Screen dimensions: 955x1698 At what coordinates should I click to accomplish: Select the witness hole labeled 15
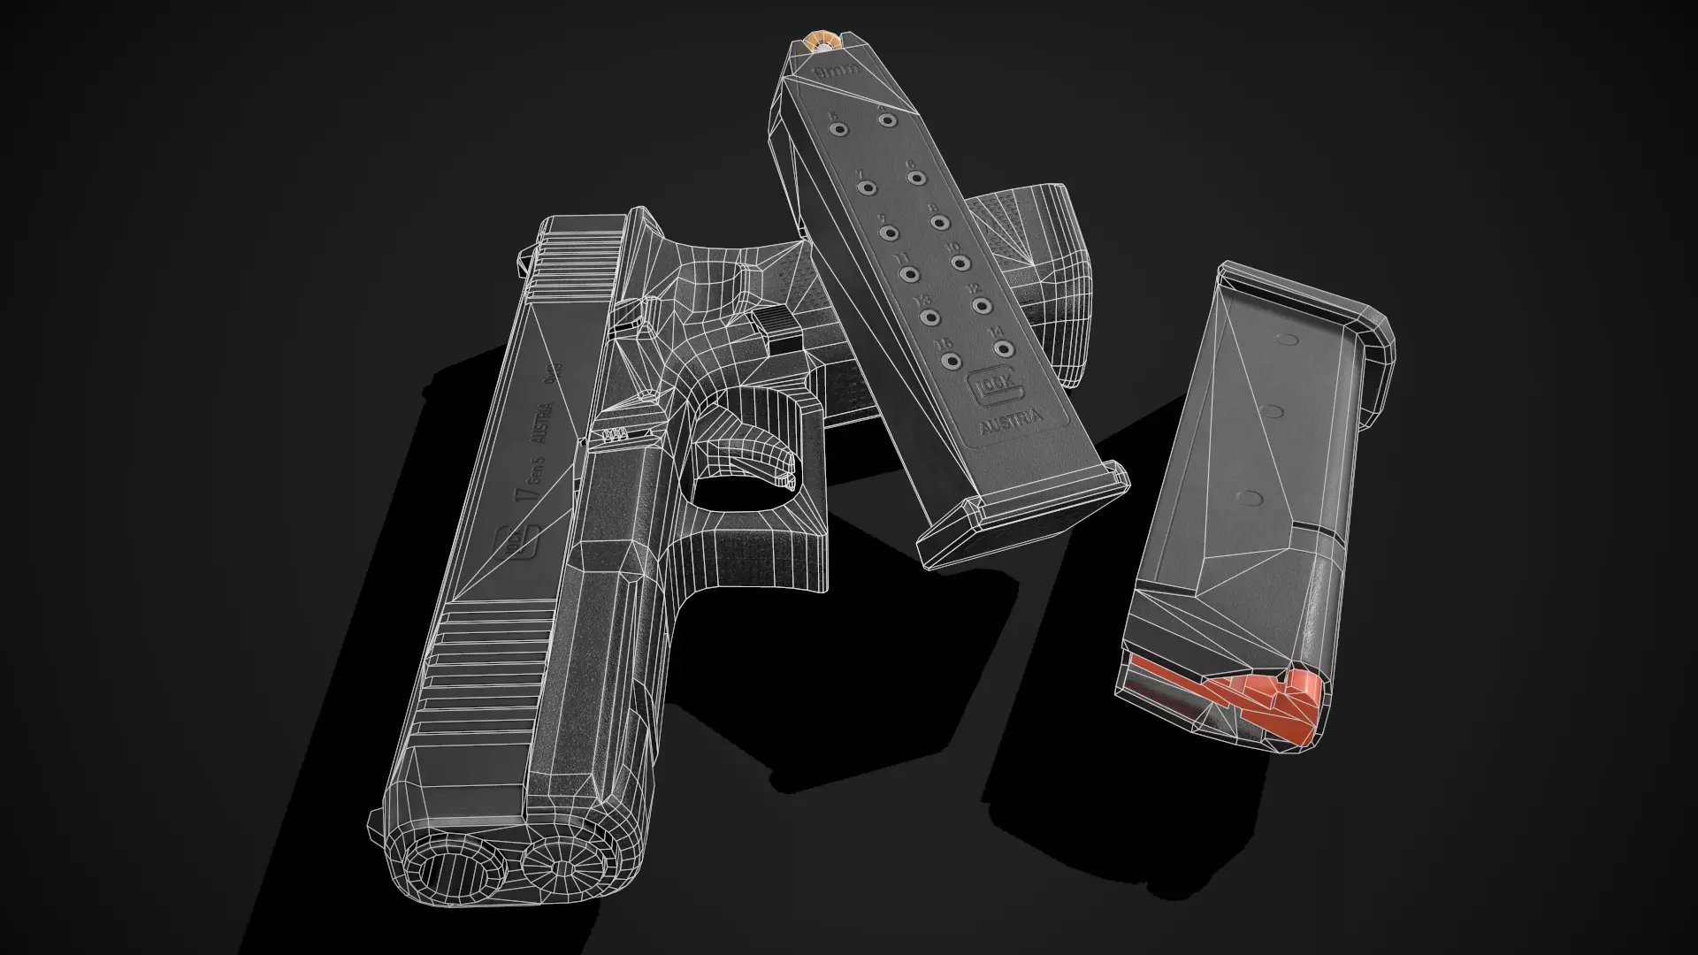(952, 361)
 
